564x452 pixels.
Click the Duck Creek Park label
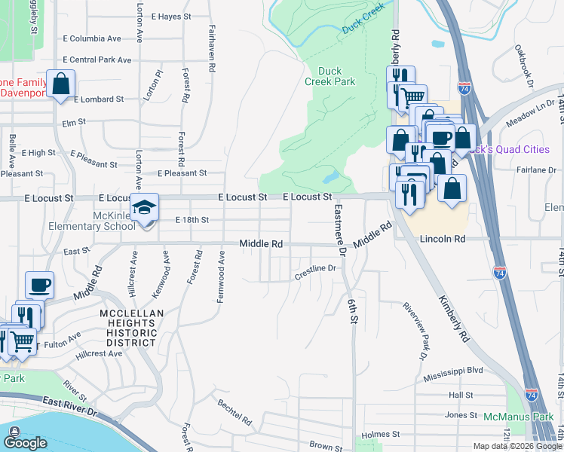pyautogui.click(x=330, y=76)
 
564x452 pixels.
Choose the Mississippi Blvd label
pyautogui.click(x=452, y=371)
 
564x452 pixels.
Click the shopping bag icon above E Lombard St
pyautogui.click(x=60, y=83)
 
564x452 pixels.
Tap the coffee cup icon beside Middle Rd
pyautogui.click(x=39, y=286)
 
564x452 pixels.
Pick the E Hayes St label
pyautogui.click(x=171, y=16)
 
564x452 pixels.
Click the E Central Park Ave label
pyautogui.click(x=97, y=60)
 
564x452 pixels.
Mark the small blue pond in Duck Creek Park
pyautogui.click(x=330, y=178)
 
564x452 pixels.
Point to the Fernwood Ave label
pyautogui.click(x=222, y=277)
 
